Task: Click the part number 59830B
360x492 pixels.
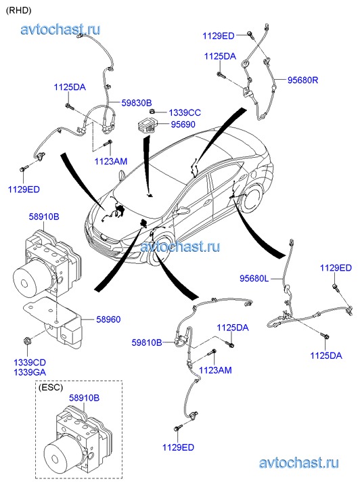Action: pos(137,103)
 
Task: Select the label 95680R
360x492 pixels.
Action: pos(303,80)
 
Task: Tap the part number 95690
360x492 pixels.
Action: pos(183,125)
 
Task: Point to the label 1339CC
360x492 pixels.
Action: pos(185,112)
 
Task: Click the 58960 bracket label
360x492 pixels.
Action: pos(108,319)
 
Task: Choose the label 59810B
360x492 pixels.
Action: pos(147,342)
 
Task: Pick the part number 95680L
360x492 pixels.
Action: pos(254,278)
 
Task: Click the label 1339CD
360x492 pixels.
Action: pos(30,363)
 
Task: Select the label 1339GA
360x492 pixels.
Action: pos(30,372)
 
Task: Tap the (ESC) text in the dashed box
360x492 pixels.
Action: pos(51,388)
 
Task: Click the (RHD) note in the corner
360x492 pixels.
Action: pos(19,10)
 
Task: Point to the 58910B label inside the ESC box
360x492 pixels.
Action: pos(84,397)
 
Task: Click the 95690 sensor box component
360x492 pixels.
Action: pos(147,125)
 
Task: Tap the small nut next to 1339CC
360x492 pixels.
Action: pos(152,111)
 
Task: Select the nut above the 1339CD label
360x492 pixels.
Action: pos(26,341)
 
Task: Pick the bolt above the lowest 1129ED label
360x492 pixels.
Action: pos(178,428)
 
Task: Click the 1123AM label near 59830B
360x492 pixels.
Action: pos(111,161)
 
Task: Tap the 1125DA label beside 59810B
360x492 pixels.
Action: pos(233,328)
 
